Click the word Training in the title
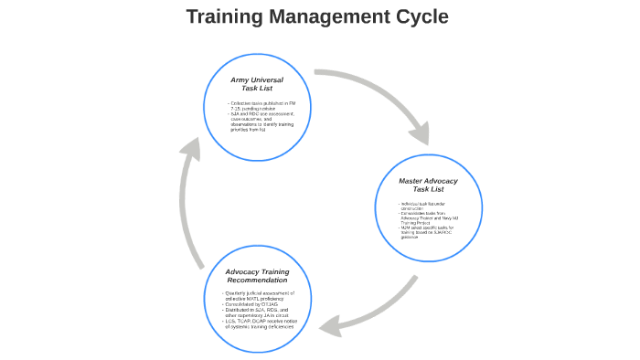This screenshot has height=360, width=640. pos(223,16)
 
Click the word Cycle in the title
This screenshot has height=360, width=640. pos(418,16)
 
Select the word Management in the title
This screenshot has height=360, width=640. pos(325,16)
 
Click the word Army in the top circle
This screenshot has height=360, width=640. pos(241,80)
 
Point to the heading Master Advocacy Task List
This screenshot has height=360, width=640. pos(428,185)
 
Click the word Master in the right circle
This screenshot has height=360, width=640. pos(411,181)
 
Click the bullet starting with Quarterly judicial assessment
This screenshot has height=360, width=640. pos(259,293)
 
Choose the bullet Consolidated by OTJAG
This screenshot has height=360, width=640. pos(250,304)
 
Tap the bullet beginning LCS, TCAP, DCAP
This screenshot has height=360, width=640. pos(267,323)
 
